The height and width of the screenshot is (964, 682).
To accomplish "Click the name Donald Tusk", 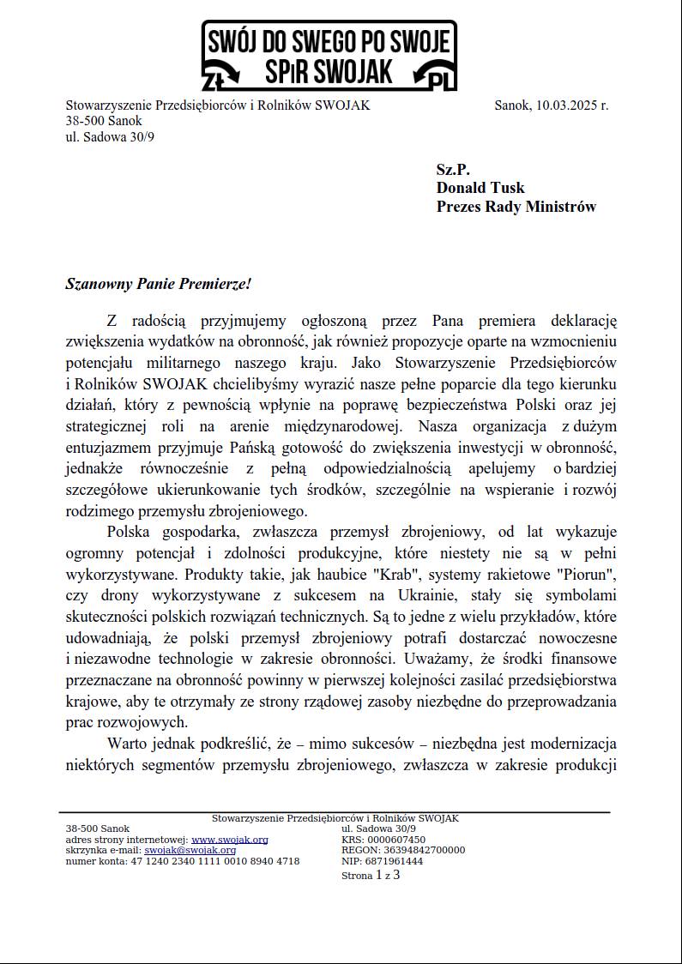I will point(480,188).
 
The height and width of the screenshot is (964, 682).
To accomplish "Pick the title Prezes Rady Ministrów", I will point(516,207).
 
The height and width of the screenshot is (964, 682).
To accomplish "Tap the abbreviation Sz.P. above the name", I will point(453,170).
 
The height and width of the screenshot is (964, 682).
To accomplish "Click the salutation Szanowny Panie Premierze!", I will point(158,283).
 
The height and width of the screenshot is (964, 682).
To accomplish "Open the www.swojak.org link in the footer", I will point(229,840).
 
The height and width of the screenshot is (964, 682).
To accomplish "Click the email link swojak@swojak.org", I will point(190,850).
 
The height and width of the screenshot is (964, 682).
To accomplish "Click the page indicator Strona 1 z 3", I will point(371,876).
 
